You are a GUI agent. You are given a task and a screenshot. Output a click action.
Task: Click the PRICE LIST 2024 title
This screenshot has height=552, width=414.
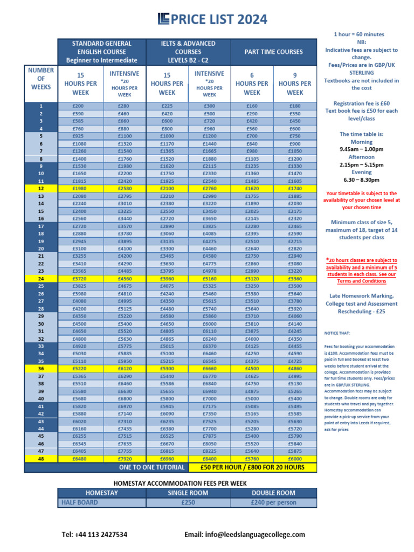[x=219, y=19]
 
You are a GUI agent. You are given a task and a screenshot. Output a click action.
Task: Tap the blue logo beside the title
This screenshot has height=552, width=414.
[x=163, y=19]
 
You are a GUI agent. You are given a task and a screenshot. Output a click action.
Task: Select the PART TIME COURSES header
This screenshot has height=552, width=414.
[x=274, y=52]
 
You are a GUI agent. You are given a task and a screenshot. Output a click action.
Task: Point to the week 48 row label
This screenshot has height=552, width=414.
[x=41, y=459]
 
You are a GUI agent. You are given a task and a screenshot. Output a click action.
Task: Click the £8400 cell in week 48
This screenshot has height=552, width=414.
[x=209, y=459]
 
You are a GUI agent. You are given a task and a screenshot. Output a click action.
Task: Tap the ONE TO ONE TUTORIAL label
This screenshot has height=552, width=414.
[x=151, y=467]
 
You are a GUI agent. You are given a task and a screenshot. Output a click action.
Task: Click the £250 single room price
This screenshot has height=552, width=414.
[x=188, y=502]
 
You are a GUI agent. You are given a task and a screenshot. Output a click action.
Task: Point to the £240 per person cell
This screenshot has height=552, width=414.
[x=273, y=502]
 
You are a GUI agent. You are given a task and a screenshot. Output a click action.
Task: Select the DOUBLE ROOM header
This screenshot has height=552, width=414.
[x=273, y=493]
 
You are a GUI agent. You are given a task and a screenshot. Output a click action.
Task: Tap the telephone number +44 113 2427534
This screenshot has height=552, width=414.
[x=95, y=534]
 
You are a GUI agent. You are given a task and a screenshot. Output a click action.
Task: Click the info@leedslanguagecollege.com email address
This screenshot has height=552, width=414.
[x=245, y=534]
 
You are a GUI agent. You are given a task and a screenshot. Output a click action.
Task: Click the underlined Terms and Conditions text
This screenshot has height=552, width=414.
[x=362, y=281]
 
